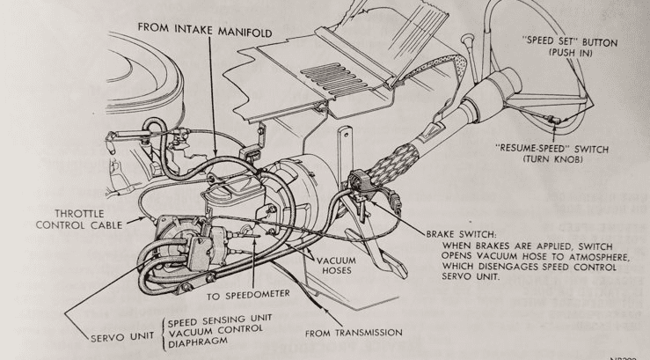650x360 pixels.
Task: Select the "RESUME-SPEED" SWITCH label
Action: coord(551,149)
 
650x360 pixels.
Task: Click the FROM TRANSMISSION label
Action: coord(354,334)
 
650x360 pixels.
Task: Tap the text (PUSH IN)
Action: coord(569,53)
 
